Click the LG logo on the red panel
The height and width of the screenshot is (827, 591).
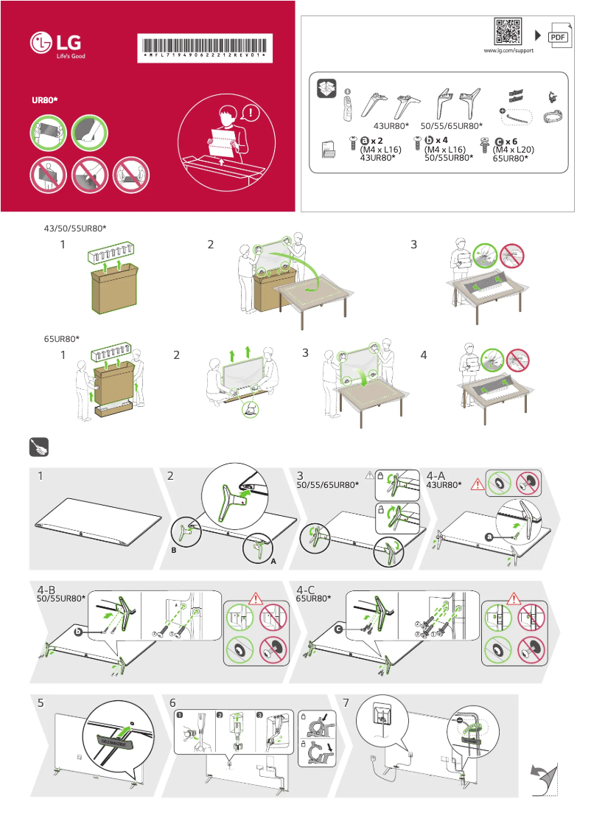tap(56, 45)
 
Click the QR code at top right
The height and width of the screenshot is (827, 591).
tap(508, 32)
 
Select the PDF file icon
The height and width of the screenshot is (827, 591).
tap(559, 36)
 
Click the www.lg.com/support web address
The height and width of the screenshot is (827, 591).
tap(508, 51)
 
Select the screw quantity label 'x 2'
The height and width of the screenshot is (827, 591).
tap(375, 140)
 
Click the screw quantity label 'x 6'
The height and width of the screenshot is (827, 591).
tap(511, 140)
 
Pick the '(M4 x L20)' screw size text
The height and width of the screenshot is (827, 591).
tap(513, 149)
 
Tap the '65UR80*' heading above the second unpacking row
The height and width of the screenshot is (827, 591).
tap(62, 339)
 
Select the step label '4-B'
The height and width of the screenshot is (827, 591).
tap(47, 590)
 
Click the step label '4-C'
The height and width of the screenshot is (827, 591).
tap(307, 590)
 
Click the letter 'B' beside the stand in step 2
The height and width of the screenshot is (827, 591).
tap(173, 550)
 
